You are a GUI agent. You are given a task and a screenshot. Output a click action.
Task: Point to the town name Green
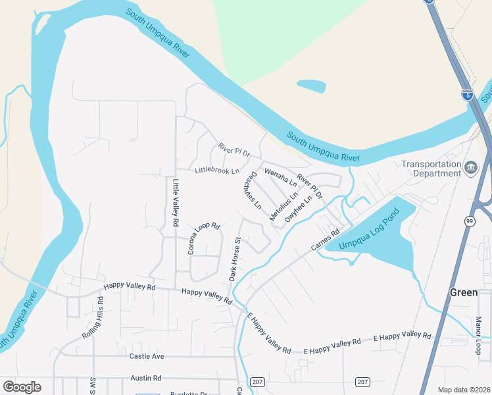click(x=463, y=292)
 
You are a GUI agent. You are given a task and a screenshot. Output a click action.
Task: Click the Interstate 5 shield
click(x=468, y=95)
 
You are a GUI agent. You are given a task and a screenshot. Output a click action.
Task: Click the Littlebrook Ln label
click(x=216, y=171)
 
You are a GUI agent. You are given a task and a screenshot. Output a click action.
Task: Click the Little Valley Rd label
click(x=176, y=203)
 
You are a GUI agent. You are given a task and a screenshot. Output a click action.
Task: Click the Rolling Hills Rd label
click(x=93, y=318)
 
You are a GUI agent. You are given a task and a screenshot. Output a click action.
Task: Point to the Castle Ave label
click(x=147, y=356)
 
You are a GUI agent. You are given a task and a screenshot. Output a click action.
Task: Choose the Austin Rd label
click(x=146, y=378)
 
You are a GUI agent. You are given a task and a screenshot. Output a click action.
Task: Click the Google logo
click(x=22, y=387)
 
